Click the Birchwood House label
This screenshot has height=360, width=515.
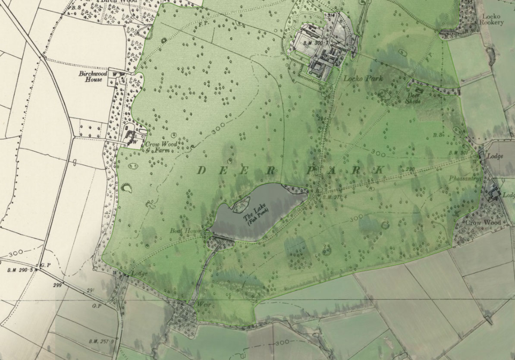click(x=90, y=76)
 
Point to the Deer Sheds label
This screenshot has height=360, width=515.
click(x=413, y=98)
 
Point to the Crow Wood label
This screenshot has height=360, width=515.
click(x=483, y=223)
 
